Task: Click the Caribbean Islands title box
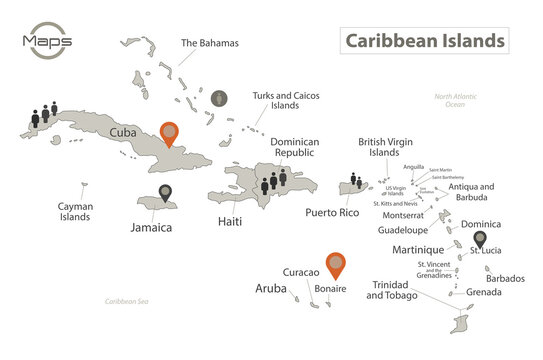coord(424,41)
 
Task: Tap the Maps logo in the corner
coord(44,41)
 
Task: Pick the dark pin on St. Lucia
coord(479,240)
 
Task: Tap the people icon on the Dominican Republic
coord(274,180)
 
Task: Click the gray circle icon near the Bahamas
coord(220,98)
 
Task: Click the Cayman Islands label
coord(76,211)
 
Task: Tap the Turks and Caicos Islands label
coord(275,98)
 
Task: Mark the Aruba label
coord(270,288)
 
